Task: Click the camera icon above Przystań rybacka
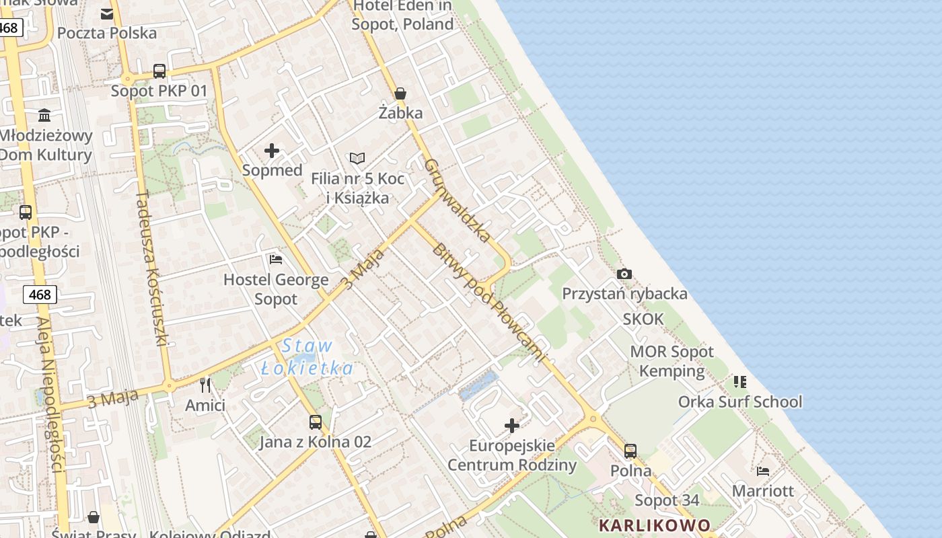click(x=624, y=274)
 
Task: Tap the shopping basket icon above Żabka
click(x=400, y=93)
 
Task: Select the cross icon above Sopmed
click(x=272, y=151)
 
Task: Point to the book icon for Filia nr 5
click(x=357, y=158)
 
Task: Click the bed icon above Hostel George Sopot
click(x=275, y=259)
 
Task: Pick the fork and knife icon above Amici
click(x=205, y=385)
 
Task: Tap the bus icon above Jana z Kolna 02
click(x=315, y=422)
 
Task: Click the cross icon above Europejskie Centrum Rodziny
click(x=512, y=425)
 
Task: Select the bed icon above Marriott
click(x=762, y=471)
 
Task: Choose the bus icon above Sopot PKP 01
click(x=159, y=71)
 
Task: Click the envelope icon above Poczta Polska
click(x=107, y=13)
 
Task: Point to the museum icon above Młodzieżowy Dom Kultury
click(x=44, y=115)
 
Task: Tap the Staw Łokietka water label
click(x=307, y=357)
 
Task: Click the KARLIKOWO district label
click(x=654, y=525)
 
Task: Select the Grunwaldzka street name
click(x=458, y=200)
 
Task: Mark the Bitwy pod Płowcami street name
click(x=487, y=302)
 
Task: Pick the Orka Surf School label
click(x=739, y=401)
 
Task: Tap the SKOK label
click(x=643, y=319)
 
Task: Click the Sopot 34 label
click(x=667, y=500)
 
